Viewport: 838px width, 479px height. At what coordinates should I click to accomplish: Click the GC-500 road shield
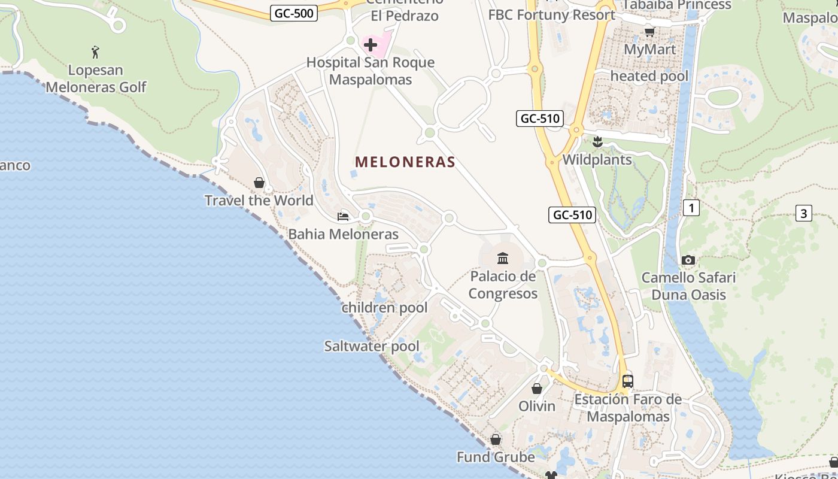click(x=293, y=13)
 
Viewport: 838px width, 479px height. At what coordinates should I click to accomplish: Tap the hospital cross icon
click(x=371, y=44)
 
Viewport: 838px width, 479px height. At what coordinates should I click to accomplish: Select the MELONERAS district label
click(x=405, y=162)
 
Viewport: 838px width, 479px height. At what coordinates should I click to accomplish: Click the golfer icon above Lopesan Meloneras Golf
click(x=95, y=52)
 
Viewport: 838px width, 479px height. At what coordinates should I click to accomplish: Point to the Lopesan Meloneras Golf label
click(x=96, y=78)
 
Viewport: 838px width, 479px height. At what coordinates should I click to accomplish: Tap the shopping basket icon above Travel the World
click(x=259, y=182)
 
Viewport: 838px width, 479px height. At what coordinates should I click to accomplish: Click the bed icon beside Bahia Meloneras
click(x=343, y=216)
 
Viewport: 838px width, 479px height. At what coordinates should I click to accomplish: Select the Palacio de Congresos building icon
click(x=503, y=258)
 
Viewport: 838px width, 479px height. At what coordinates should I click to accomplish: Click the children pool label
click(x=384, y=308)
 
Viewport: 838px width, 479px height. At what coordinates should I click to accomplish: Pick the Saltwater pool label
click(x=372, y=346)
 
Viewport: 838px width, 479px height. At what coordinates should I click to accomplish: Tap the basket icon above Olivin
click(x=537, y=389)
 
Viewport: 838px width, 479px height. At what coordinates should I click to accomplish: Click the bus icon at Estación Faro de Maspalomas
click(x=628, y=381)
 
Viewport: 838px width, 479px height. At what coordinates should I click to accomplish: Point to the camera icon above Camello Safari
click(x=688, y=260)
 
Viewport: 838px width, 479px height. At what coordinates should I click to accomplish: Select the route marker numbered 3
click(x=803, y=213)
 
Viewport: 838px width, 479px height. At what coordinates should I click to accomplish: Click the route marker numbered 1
click(x=691, y=208)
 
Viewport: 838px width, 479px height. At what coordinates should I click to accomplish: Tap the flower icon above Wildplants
click(x=597, y=142)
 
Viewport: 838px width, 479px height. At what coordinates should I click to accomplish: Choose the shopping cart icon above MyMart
click(x=649, y=32)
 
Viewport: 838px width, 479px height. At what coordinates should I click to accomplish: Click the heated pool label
click(x=649, y=76)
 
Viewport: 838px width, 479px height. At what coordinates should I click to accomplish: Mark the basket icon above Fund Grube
click(x=496, y=439)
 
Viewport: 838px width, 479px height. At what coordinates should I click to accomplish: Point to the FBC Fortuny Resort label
click(x=551, y=15)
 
